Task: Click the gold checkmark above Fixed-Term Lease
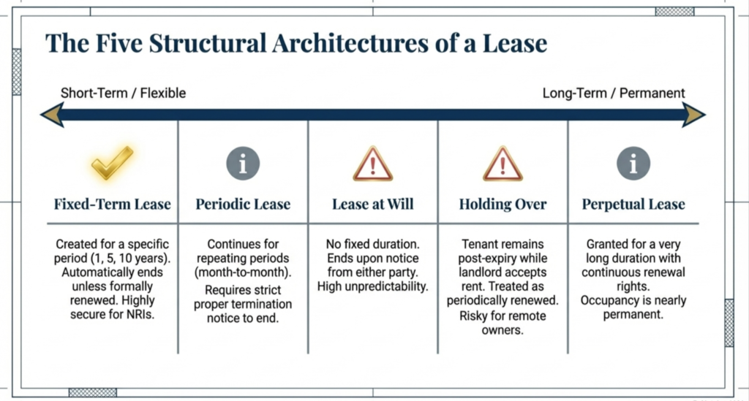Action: click(112, 164)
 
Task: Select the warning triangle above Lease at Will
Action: click(373, 164)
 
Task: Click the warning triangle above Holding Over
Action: click(503, 164)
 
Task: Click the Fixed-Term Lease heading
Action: click(112, 205)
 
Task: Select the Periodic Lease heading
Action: click(243, 205)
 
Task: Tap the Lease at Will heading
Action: click(373, 205)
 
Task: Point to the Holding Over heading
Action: click(503, 205)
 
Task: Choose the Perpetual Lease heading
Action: click(633, 205)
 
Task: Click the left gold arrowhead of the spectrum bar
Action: click(51, 115)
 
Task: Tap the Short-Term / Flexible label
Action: click(123, 93)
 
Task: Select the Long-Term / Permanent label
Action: click(614, 93)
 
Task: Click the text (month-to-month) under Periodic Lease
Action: click(243, 272)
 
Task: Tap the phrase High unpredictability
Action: click(373, 286)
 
